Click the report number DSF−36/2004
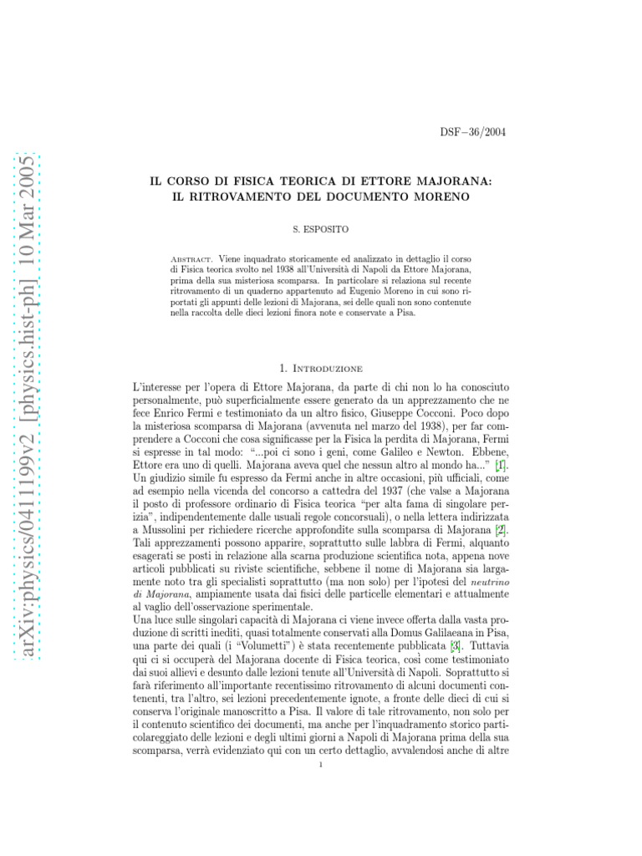(x=473, y=132)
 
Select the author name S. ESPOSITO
(x=320, y=227)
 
